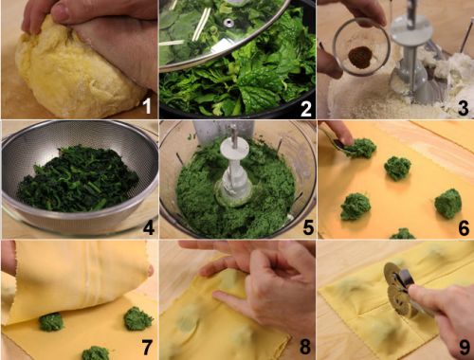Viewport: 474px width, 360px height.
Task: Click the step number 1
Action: [x=147, y=107]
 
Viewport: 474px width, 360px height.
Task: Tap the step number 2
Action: [x=306, y=108]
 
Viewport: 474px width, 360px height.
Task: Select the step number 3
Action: [x=464, y=107]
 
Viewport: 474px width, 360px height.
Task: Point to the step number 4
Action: [x=149, y=227]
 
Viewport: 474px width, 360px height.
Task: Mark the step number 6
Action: [x=464, y=227]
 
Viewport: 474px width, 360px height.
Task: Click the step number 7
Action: [x=148, y=347]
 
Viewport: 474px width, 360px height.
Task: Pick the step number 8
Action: [x=305, y=347]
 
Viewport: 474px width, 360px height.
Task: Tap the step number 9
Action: [x=465, y=348]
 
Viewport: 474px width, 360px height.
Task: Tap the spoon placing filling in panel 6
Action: [x=338, y=143]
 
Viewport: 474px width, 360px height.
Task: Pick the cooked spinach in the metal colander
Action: [x=78, y=178]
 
